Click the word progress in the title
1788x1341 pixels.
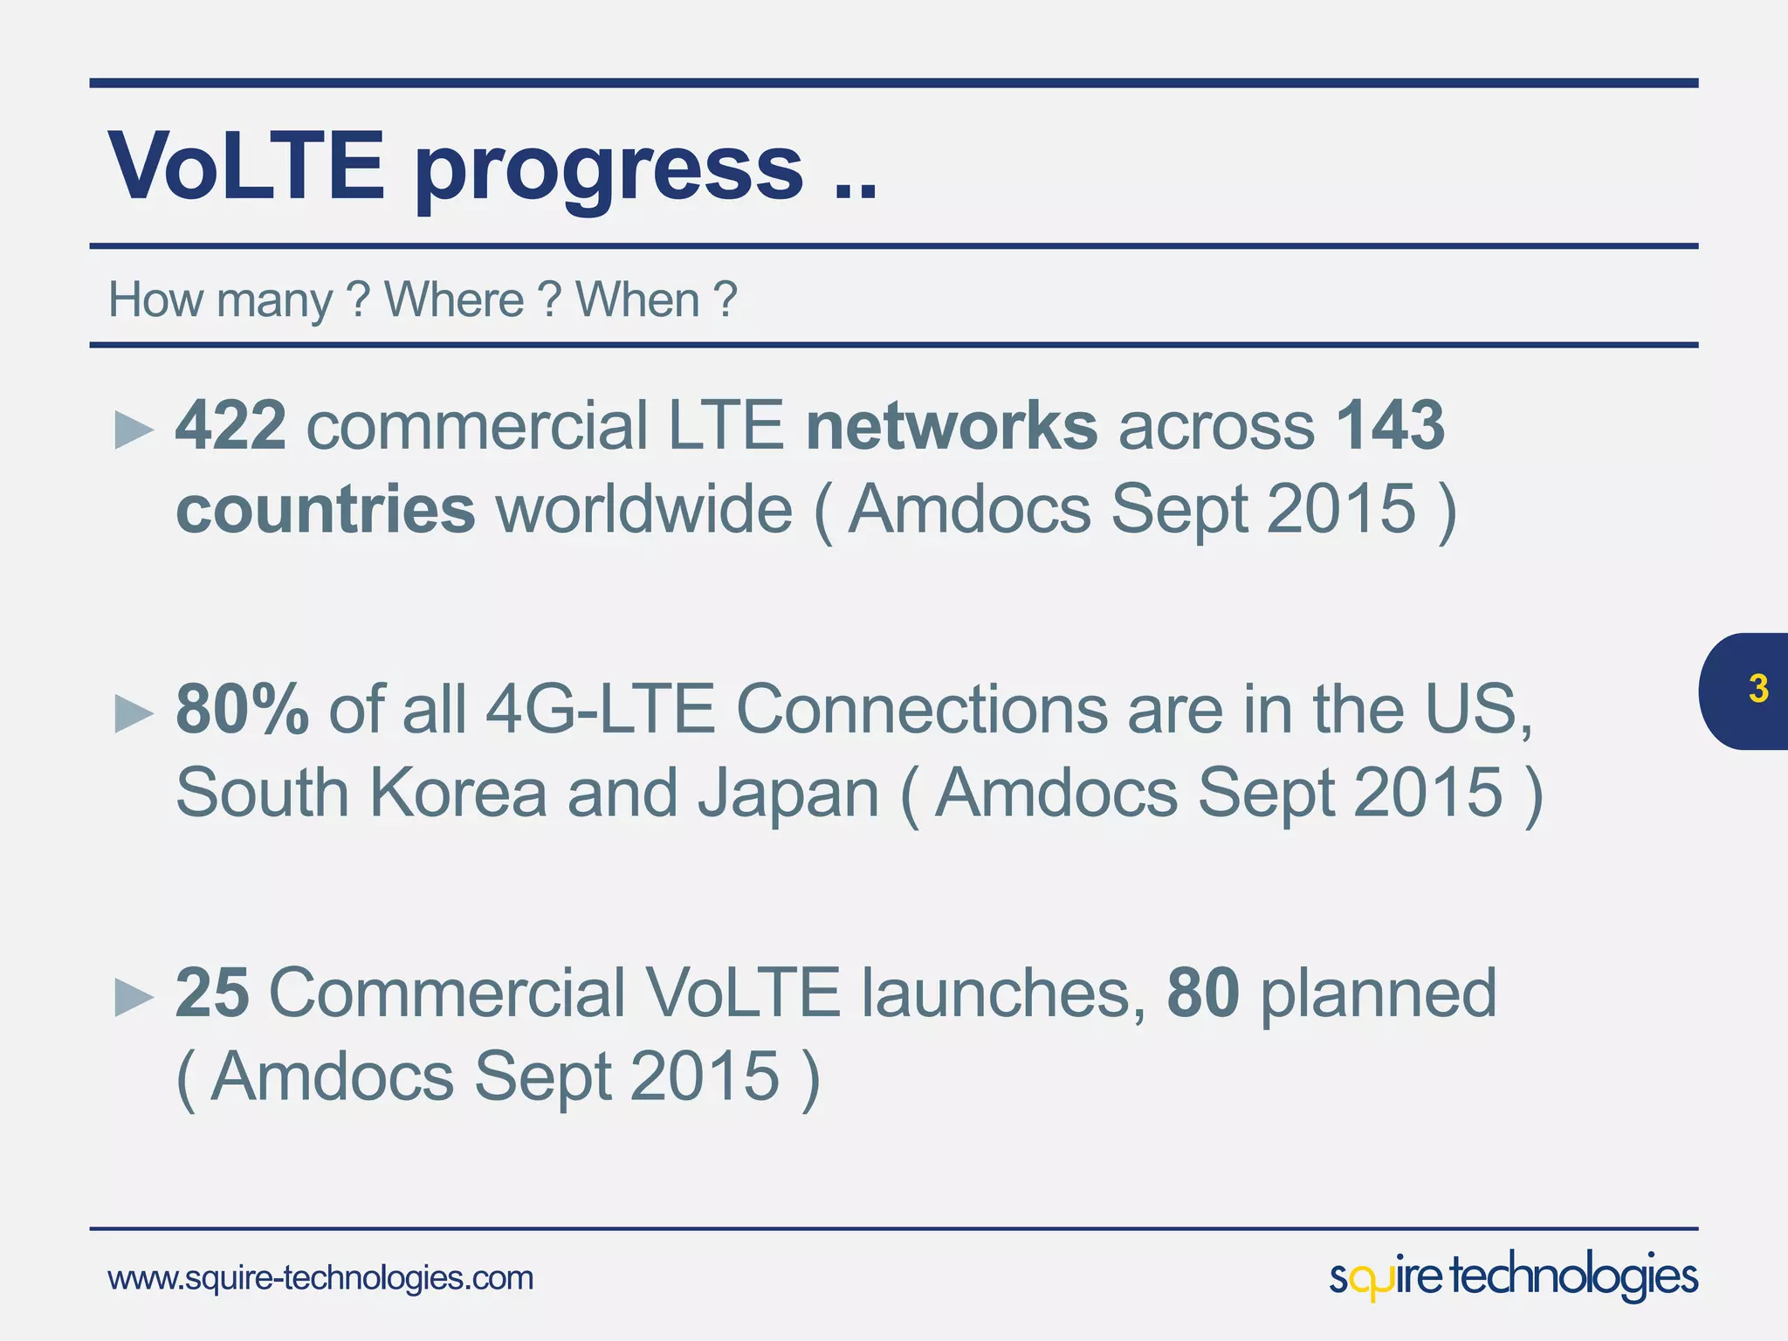(609, 170)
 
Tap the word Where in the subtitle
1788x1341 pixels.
(454, 300)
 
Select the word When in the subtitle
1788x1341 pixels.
(638, 300)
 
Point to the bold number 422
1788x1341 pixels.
(230, 425)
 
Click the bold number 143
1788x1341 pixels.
(1390, 425)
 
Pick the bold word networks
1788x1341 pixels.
(952, 425)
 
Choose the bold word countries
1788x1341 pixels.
(326, 509)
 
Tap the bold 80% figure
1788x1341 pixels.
(242, 708)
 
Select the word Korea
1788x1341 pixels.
(458, 793)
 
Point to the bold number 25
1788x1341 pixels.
(212, 993)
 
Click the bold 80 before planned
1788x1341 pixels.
(1202, 993)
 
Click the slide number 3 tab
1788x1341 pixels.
(1757, 690)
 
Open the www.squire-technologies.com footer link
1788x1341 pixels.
(320, 1278)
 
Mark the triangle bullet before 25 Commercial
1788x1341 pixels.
(134, 996)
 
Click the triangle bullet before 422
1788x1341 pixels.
(134, 430)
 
